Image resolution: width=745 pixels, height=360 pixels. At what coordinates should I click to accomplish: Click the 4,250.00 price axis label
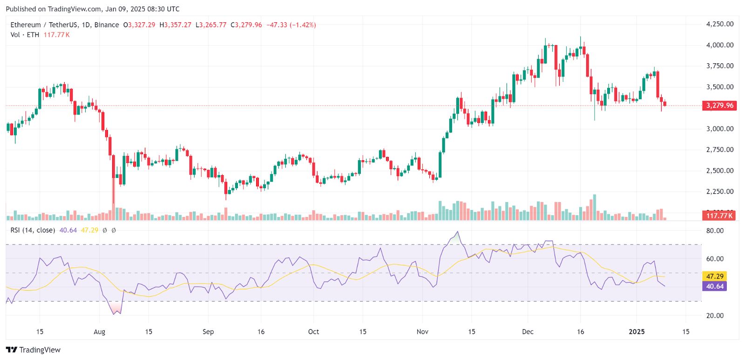pos(719,24)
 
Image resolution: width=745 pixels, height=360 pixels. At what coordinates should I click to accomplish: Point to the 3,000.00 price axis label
pos(719,129)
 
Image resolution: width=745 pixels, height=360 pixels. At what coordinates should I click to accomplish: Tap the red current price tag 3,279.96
pos(719,106)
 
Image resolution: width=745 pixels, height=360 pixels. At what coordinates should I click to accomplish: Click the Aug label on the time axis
pos(99,332)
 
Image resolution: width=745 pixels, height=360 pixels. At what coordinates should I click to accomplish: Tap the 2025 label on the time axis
pos(637,332)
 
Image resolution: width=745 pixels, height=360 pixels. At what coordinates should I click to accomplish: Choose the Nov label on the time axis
pos(422,332)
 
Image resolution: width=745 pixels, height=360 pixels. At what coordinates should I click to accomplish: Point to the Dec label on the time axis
pos(528,332)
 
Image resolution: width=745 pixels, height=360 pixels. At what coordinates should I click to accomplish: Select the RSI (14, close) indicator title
pos(33,230)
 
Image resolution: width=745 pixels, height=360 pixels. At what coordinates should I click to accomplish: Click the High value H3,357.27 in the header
pos(175,25)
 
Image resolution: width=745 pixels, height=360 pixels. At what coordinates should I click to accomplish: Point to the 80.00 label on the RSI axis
pos(715,231)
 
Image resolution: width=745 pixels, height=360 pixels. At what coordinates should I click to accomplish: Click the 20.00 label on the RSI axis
pos(715,316)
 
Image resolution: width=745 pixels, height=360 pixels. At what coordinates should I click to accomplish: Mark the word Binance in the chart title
pos(107,25)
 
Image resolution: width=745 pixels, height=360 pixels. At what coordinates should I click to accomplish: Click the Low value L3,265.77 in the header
pos(211,25)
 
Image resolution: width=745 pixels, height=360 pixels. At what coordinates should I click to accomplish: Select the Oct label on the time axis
pos(313,332)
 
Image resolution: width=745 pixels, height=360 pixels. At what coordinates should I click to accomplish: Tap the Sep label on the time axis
pos(208,332)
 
